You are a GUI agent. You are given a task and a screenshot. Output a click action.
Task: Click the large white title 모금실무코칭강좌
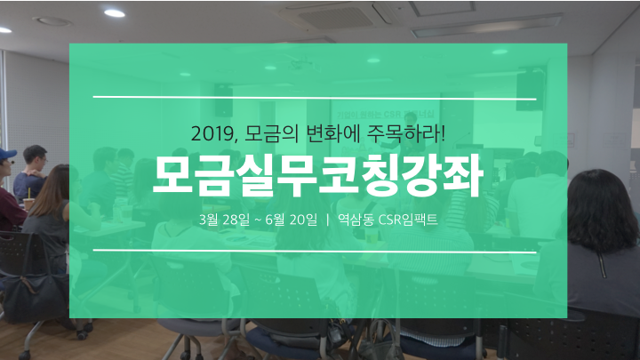point(318,176)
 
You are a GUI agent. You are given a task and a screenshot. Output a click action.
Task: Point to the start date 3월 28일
point(224,220)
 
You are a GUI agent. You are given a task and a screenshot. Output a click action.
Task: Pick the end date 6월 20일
point(291,220)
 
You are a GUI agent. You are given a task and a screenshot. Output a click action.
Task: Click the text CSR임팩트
point(408,220)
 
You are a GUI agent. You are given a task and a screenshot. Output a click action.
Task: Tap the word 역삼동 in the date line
point(356,220)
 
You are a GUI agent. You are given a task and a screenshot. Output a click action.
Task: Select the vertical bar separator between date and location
point(328,220)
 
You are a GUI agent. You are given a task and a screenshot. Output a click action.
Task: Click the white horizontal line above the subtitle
point(315,98)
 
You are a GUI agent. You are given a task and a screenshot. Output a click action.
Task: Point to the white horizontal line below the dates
point(315,251)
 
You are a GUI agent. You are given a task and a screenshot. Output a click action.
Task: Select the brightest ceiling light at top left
point(115,13)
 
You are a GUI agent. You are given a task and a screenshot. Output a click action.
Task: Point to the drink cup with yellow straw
point(28,202)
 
